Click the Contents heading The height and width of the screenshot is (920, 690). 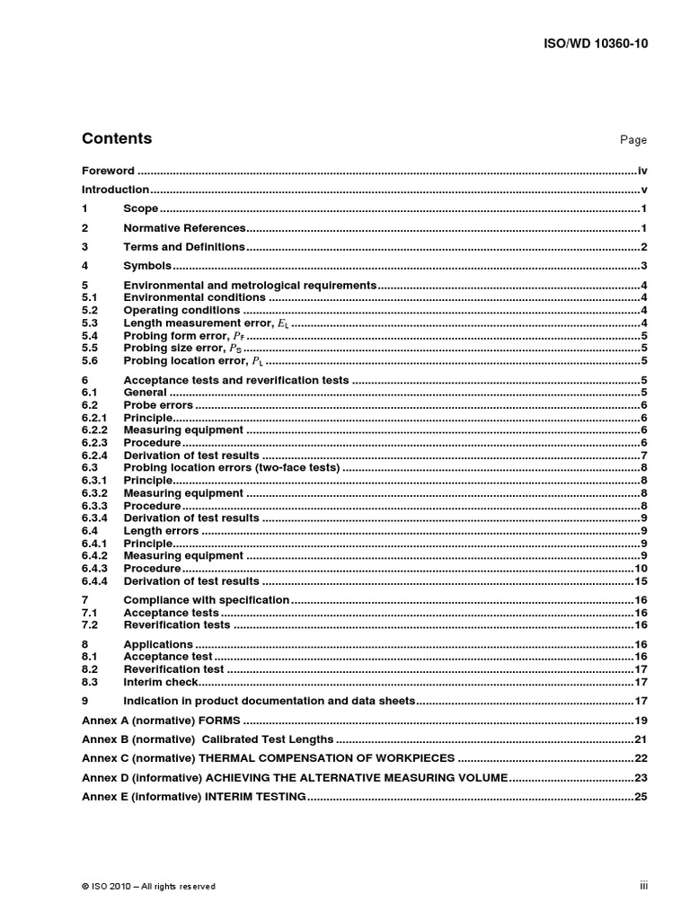tap(117, 138)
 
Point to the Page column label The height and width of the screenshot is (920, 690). tap(633, 140)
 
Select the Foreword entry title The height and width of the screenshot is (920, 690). tap(108, 171)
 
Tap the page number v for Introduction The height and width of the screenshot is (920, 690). tap(644, 190)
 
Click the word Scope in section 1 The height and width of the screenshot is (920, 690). tap(140, 209)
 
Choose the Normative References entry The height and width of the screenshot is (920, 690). tap(184, 228)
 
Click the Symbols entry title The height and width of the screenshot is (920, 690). tap(147, 266)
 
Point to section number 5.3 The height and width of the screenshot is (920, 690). tap(89, 323)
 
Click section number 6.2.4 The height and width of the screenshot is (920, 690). tap(94, 456)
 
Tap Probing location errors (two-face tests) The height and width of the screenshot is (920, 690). tap(231, 468)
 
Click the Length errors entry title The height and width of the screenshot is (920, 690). tap(161, 531)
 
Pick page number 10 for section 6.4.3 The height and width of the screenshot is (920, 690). tap(641, 569)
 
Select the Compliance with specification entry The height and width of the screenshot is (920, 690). tap(206, 600)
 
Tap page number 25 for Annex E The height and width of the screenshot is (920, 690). tap(641, 797)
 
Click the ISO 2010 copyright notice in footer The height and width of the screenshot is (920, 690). tap(148, 886)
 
